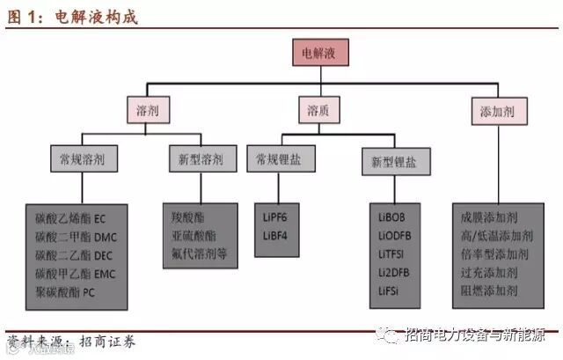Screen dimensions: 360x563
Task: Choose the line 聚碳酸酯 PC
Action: [x=66, y=292]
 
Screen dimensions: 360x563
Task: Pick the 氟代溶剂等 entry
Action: [x=201, y=252]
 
